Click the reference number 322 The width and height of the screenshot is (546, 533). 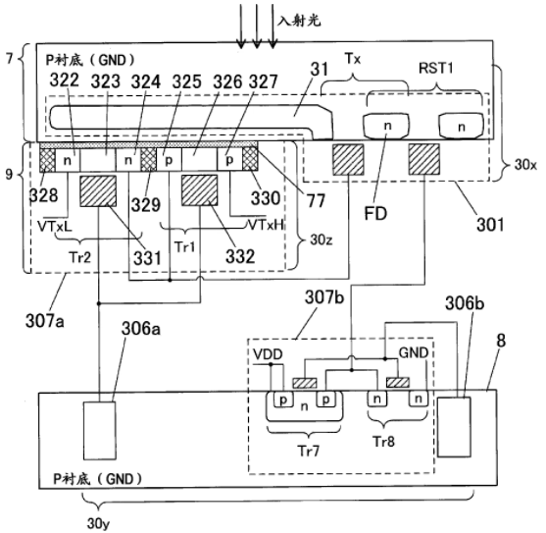coord(64,80)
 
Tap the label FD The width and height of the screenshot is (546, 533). coord(375,213)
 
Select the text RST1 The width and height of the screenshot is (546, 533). coord(435,68)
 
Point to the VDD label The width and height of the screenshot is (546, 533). coord(268,354)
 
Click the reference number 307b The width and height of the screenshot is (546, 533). coord(324,298)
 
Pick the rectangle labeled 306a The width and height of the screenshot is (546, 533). coord(99,431)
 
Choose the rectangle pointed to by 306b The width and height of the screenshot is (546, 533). coord(454,427)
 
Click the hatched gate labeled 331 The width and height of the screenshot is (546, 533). coord(98,191)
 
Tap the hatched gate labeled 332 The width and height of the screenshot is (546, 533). coord(200,190)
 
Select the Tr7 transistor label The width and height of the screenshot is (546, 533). coord(309,452)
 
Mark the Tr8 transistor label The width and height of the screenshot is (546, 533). coord(383,442)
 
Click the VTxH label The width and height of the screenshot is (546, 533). coord(266,225)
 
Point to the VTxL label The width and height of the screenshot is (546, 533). coord(55,226)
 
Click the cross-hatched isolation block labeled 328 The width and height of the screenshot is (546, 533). coord(47,160)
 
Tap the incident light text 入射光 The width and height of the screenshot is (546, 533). coord(299,21)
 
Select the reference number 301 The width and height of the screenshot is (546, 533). coord(490,225)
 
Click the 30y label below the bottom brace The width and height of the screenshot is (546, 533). coord(96,523)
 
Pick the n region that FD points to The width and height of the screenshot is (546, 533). coord(386,126)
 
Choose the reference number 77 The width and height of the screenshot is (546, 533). coord(316,200)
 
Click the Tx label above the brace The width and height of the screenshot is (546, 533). coord(352,59)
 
